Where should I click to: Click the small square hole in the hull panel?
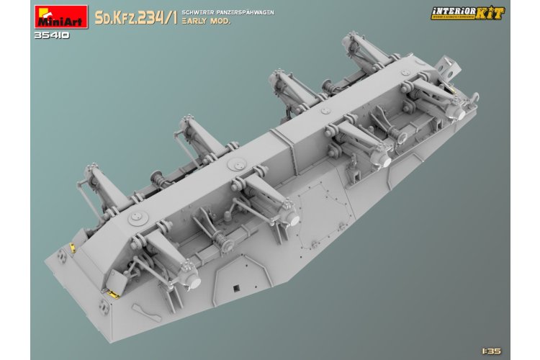234,289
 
